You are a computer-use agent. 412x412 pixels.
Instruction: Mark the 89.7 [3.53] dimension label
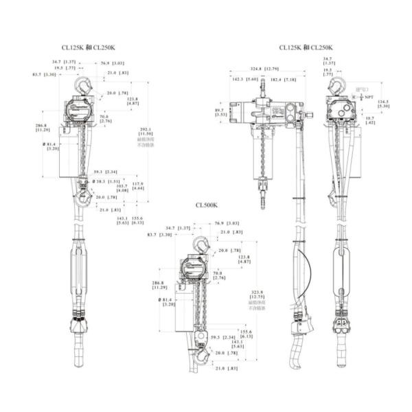click(x=220, y=113)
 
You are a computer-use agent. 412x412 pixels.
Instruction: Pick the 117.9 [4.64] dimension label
click(x=138, y=185)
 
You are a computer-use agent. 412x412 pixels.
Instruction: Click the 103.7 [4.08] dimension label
click(x=122, y=187)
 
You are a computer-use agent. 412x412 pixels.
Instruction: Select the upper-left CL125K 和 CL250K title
click(x=89, y=47)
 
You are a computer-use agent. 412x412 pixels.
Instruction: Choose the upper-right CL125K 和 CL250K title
click(x=306, y=47)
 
